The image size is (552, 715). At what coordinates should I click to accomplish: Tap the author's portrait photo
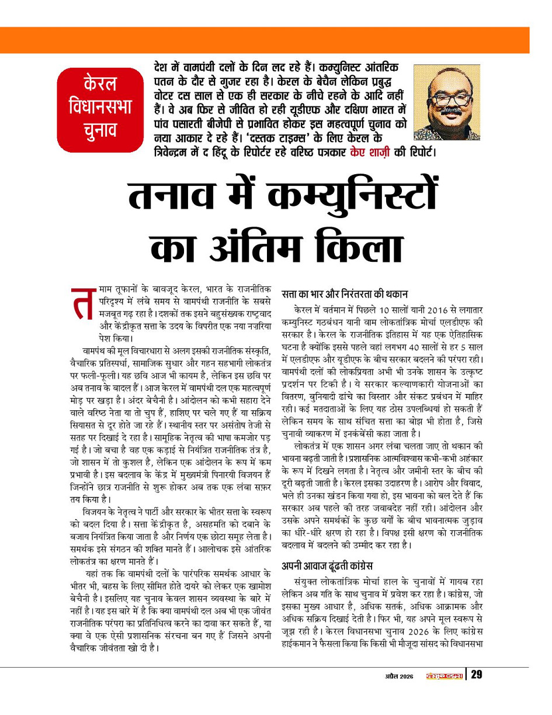[x=446, y=102]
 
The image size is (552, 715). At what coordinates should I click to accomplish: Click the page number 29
[x=477, y=675]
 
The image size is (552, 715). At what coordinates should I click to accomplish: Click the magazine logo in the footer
[x=444, y=676]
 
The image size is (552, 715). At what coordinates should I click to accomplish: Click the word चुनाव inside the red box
[x=99, y=129]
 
